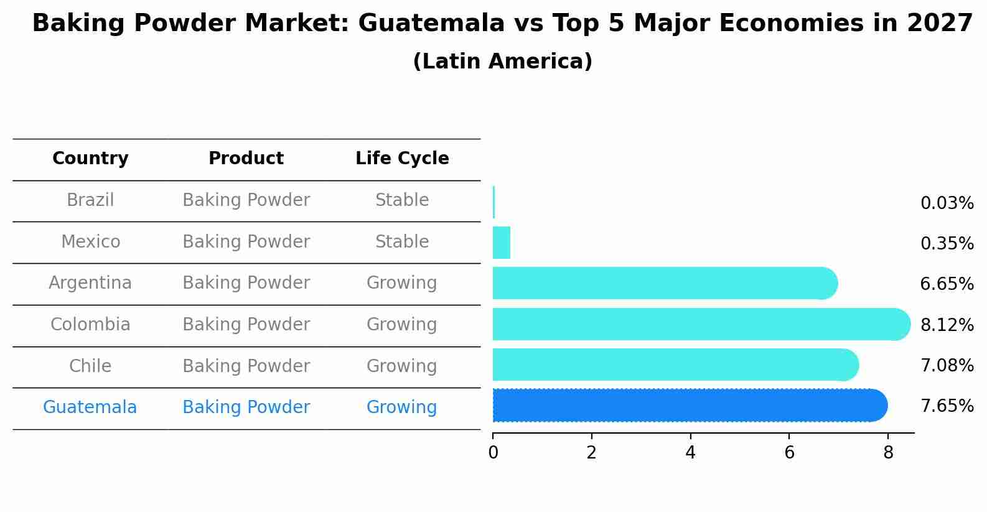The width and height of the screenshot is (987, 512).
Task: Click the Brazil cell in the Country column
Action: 90,200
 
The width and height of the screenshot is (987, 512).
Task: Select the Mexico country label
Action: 90,242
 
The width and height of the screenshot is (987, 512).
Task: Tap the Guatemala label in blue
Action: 90,407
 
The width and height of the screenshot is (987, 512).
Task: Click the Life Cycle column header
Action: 402,159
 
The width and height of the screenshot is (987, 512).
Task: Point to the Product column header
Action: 246,159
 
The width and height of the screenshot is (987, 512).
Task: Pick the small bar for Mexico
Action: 501,243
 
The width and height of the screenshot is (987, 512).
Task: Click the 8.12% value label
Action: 947,325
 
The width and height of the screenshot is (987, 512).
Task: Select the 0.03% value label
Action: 947,203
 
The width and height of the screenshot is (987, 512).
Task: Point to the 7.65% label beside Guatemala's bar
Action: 947,406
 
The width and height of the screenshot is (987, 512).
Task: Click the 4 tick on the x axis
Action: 690,453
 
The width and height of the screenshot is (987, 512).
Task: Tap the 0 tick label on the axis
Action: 493,453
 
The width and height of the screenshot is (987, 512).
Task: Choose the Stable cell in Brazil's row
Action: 402,200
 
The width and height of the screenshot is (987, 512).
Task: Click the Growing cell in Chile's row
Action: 401,366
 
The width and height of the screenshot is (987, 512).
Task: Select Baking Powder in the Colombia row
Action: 246,325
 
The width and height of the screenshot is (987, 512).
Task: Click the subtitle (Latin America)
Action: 502,62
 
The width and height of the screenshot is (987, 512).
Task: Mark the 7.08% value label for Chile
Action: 947,366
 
